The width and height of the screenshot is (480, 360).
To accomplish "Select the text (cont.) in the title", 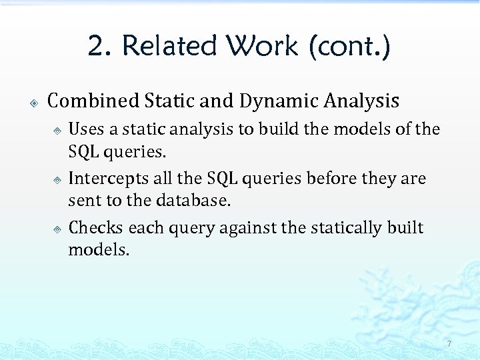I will pos(349,47).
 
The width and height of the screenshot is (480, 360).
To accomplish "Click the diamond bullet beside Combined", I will pos(33,103).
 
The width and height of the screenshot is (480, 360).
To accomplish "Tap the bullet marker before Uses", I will pos(58,129).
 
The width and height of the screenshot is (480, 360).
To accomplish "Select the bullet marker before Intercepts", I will pos(58,179).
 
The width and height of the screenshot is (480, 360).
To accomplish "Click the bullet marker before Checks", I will pos(58,229).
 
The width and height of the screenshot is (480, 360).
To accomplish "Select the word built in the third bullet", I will pos(405,228).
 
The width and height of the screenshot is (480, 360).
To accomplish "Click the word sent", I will pos(83,200).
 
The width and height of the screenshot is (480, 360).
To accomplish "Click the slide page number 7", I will pos(449,344).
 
